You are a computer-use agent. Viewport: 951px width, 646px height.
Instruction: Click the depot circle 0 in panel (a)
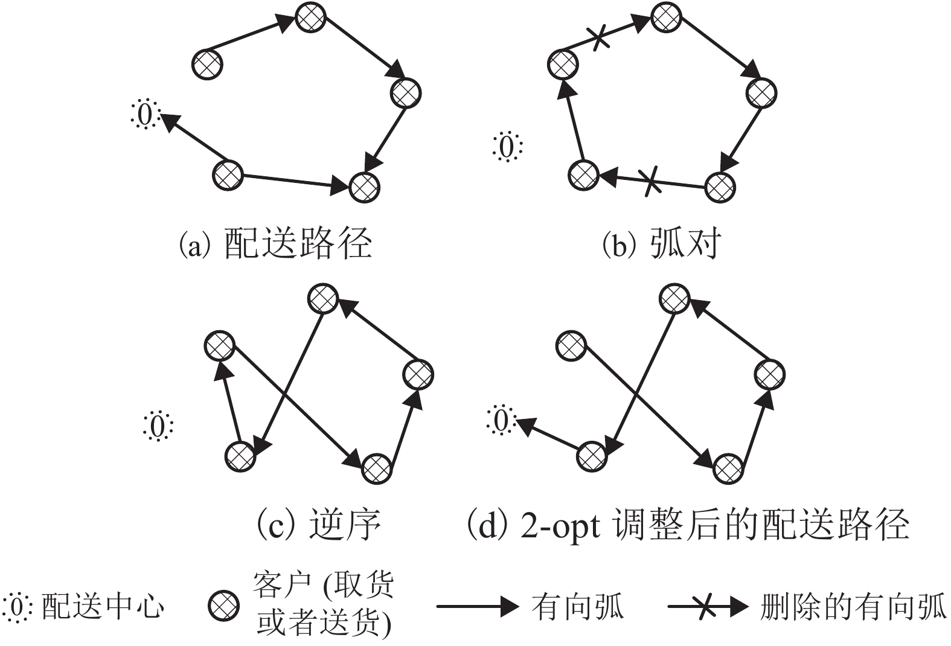pyautogui.click(x=145, y=114)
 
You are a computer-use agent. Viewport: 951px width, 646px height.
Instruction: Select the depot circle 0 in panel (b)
pyautogui.click(x=507, y=147)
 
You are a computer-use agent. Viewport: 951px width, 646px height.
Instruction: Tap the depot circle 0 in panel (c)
pyautogui.click(x=158, y=426)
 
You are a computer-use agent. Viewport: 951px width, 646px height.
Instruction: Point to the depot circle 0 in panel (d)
pyautogui.click(x=501, y=420)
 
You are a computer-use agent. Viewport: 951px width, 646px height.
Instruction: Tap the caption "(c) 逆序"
pyautogui.click(x=319, y=523)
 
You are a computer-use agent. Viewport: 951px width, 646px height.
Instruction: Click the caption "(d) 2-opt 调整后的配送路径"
pyautogui.click(x=688, y=523)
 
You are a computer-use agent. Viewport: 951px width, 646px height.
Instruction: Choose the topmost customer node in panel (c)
pyautogui.click(x=322, y=298)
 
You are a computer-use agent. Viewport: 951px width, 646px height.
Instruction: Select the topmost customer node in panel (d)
pyautogui.click(x=673, y=298)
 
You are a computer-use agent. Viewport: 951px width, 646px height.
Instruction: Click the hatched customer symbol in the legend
pyautogui.click(x=223, y=606)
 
